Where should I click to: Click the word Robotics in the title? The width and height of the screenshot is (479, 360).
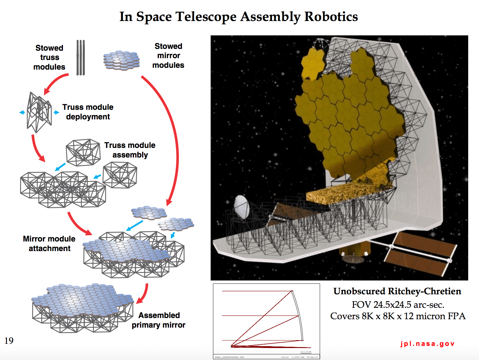point(331,16)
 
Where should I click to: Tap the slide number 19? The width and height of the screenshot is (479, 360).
point(9,341)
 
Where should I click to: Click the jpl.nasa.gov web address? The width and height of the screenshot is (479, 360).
point(427,344)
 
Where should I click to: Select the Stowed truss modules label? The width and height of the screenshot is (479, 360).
point(49,57)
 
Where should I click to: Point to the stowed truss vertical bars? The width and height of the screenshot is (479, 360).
point(80,57)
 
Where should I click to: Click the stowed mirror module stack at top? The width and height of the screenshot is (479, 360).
point(121,60)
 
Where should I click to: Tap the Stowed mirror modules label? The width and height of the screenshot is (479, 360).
point(168,55)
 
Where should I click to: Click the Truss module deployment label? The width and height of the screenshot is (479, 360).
point(88,112)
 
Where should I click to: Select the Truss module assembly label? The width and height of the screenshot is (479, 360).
point(130,150)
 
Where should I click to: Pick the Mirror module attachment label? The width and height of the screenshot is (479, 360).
point(49,244)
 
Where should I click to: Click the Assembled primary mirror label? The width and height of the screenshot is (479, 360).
point(159,320)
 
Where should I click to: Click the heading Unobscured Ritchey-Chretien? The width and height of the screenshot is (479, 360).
point(397,291)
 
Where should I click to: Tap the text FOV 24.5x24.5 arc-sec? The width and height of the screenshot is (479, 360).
point(398,305)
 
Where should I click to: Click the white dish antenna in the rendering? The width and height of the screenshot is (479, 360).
point(241,207)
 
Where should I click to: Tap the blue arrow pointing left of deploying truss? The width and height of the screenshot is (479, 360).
point(22,112)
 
